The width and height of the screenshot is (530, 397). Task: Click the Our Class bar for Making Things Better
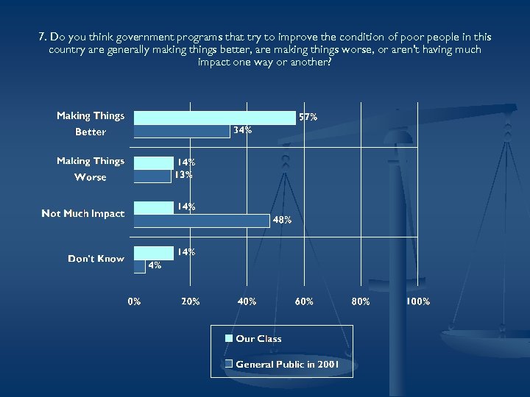(213, 117)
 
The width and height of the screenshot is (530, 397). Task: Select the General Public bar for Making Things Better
(181, 131)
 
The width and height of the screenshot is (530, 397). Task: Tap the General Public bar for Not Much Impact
(201, 219)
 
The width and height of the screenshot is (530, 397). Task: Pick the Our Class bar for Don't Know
(153, 252)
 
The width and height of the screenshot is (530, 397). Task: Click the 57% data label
(307, 117)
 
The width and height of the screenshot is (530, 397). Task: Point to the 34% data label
(242, 130)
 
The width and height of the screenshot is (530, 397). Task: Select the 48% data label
(283, 219)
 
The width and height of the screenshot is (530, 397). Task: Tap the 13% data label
(183, 175)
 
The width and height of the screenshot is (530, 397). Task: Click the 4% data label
(155, 265)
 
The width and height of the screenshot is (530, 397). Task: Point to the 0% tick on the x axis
(134, 301)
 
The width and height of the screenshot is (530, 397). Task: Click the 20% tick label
(190, 301)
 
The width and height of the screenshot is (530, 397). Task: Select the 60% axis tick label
(304, 301)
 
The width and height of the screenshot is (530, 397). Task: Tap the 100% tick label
(417, 301)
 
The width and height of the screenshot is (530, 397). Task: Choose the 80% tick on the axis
(361, 301)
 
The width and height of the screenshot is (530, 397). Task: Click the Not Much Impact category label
(82, 214)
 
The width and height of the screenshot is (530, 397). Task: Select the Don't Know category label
(96, 259)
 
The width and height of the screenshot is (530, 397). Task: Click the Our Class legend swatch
(229, 338)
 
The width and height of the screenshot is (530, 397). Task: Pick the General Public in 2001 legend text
(287, 364)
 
